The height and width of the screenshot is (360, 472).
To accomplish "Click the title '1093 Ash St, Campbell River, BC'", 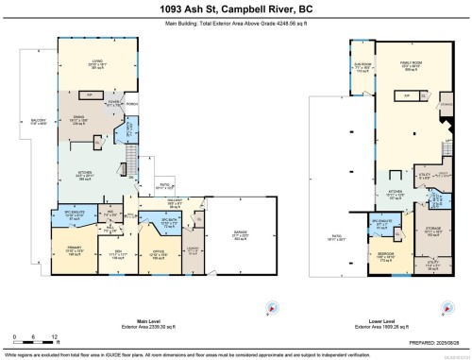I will pos(235,9).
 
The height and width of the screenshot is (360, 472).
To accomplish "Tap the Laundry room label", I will pos(193,250).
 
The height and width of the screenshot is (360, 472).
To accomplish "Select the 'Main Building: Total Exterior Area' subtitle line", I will pos(235,26).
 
